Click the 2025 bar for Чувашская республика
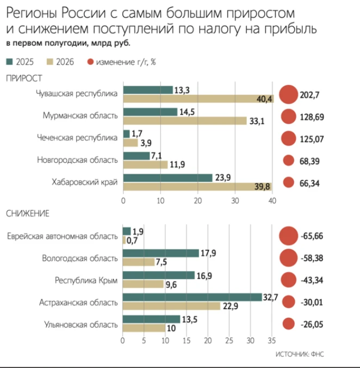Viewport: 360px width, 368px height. [148, 90]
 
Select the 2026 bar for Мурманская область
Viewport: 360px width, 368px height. [185, 121]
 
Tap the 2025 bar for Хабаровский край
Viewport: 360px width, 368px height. [168, 178]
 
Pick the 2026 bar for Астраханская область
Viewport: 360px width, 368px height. [171, 306]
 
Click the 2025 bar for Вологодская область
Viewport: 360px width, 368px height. [161, 253]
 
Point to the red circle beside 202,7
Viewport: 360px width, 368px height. [288, 95]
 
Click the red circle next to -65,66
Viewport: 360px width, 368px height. [289, 236]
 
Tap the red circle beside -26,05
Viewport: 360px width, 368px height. [289, 324]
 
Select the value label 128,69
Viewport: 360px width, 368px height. [312, 117]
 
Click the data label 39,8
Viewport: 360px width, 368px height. [262, 187]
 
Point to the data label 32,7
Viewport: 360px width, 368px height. [270, 297]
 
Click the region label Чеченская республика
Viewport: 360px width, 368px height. [77, 138]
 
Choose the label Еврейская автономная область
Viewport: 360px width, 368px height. [63, 236]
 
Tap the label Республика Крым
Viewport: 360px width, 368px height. [86, 280]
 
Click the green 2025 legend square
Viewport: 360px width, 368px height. [9, 62]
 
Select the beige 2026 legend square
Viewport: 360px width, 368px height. [50, 62]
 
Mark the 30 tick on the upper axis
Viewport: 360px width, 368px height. [235, 201]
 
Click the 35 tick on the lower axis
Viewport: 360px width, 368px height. [272, 341]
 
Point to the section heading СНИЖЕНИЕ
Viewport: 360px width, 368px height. [28, 213]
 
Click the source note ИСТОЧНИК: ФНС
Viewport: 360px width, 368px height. [300, 354]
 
